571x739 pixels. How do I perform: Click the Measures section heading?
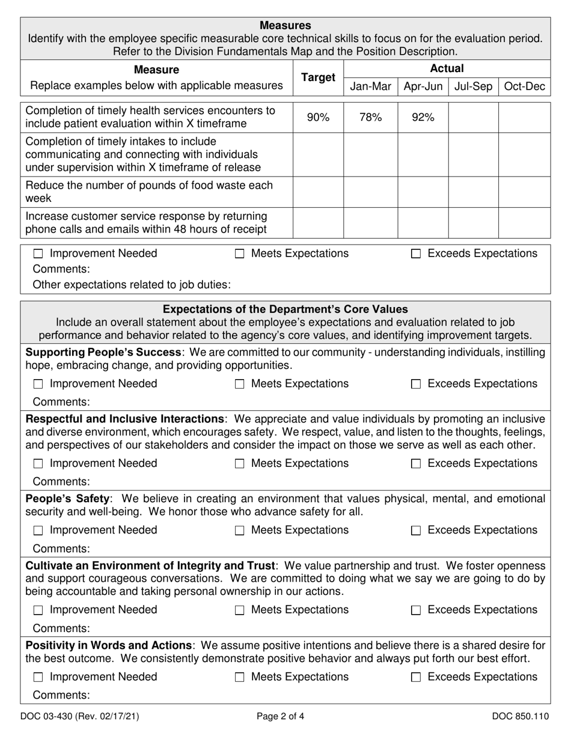pyautogui.click(x=285, y=25)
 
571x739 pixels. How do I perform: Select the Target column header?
pyautogui.click(x=318, y=78)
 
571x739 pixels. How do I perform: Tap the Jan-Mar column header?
pyautogui.click(x=370, y=87)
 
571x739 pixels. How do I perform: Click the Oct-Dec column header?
pyautogui.click(x=525, y=87)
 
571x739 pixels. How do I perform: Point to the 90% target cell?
pyautogui.click(x=318, y=118)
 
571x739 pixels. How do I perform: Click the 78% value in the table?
pyautogui.click(x=370, y=118)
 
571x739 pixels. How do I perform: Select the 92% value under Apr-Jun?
pyautogui.click(x=423, y=118)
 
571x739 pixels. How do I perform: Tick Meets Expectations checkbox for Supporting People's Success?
pyautogui.click(x=239, y=385)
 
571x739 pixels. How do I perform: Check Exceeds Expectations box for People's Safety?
pyautogui.click(x=416, y=531)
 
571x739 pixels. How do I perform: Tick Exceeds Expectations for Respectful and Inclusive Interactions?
pyautogui.click(x=416, y=464)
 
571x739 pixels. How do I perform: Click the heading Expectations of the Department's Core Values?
pyautogui.click(x=285, y=309)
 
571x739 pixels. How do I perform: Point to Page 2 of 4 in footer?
pyautogui.click(x=280, y=716)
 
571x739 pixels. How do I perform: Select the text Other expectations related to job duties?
pyautogui.click(x=132, y=284)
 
